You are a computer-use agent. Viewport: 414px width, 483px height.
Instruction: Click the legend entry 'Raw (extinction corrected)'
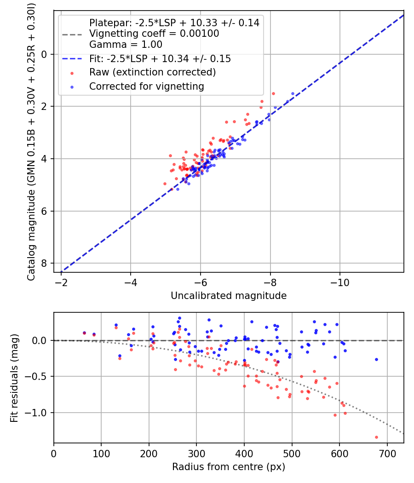click(152, 72)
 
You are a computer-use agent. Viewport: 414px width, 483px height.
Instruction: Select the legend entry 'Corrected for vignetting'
click(146, 86)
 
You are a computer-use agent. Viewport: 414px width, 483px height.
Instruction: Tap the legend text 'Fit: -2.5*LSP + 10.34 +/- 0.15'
click(160, 58)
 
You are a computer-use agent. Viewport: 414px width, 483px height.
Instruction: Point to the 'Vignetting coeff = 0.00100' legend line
click(154, 34)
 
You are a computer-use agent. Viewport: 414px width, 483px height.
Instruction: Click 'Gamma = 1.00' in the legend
click(126, 45)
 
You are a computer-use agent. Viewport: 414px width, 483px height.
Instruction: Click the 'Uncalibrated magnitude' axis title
click(229, 296)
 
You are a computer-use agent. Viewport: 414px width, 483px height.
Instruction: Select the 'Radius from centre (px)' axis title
click(229, 467)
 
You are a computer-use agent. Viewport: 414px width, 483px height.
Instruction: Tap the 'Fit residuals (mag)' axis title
click(14, 378)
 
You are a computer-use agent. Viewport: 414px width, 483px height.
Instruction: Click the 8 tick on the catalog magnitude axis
click(45, 264)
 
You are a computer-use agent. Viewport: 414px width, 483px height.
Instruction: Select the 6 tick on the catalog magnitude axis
click(45, 211)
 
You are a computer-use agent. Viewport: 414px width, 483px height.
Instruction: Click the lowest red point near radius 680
click(376, 437)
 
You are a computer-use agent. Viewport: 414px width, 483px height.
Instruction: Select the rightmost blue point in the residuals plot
click(376, 359)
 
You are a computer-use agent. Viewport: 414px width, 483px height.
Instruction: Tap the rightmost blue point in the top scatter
click(293, 93)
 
